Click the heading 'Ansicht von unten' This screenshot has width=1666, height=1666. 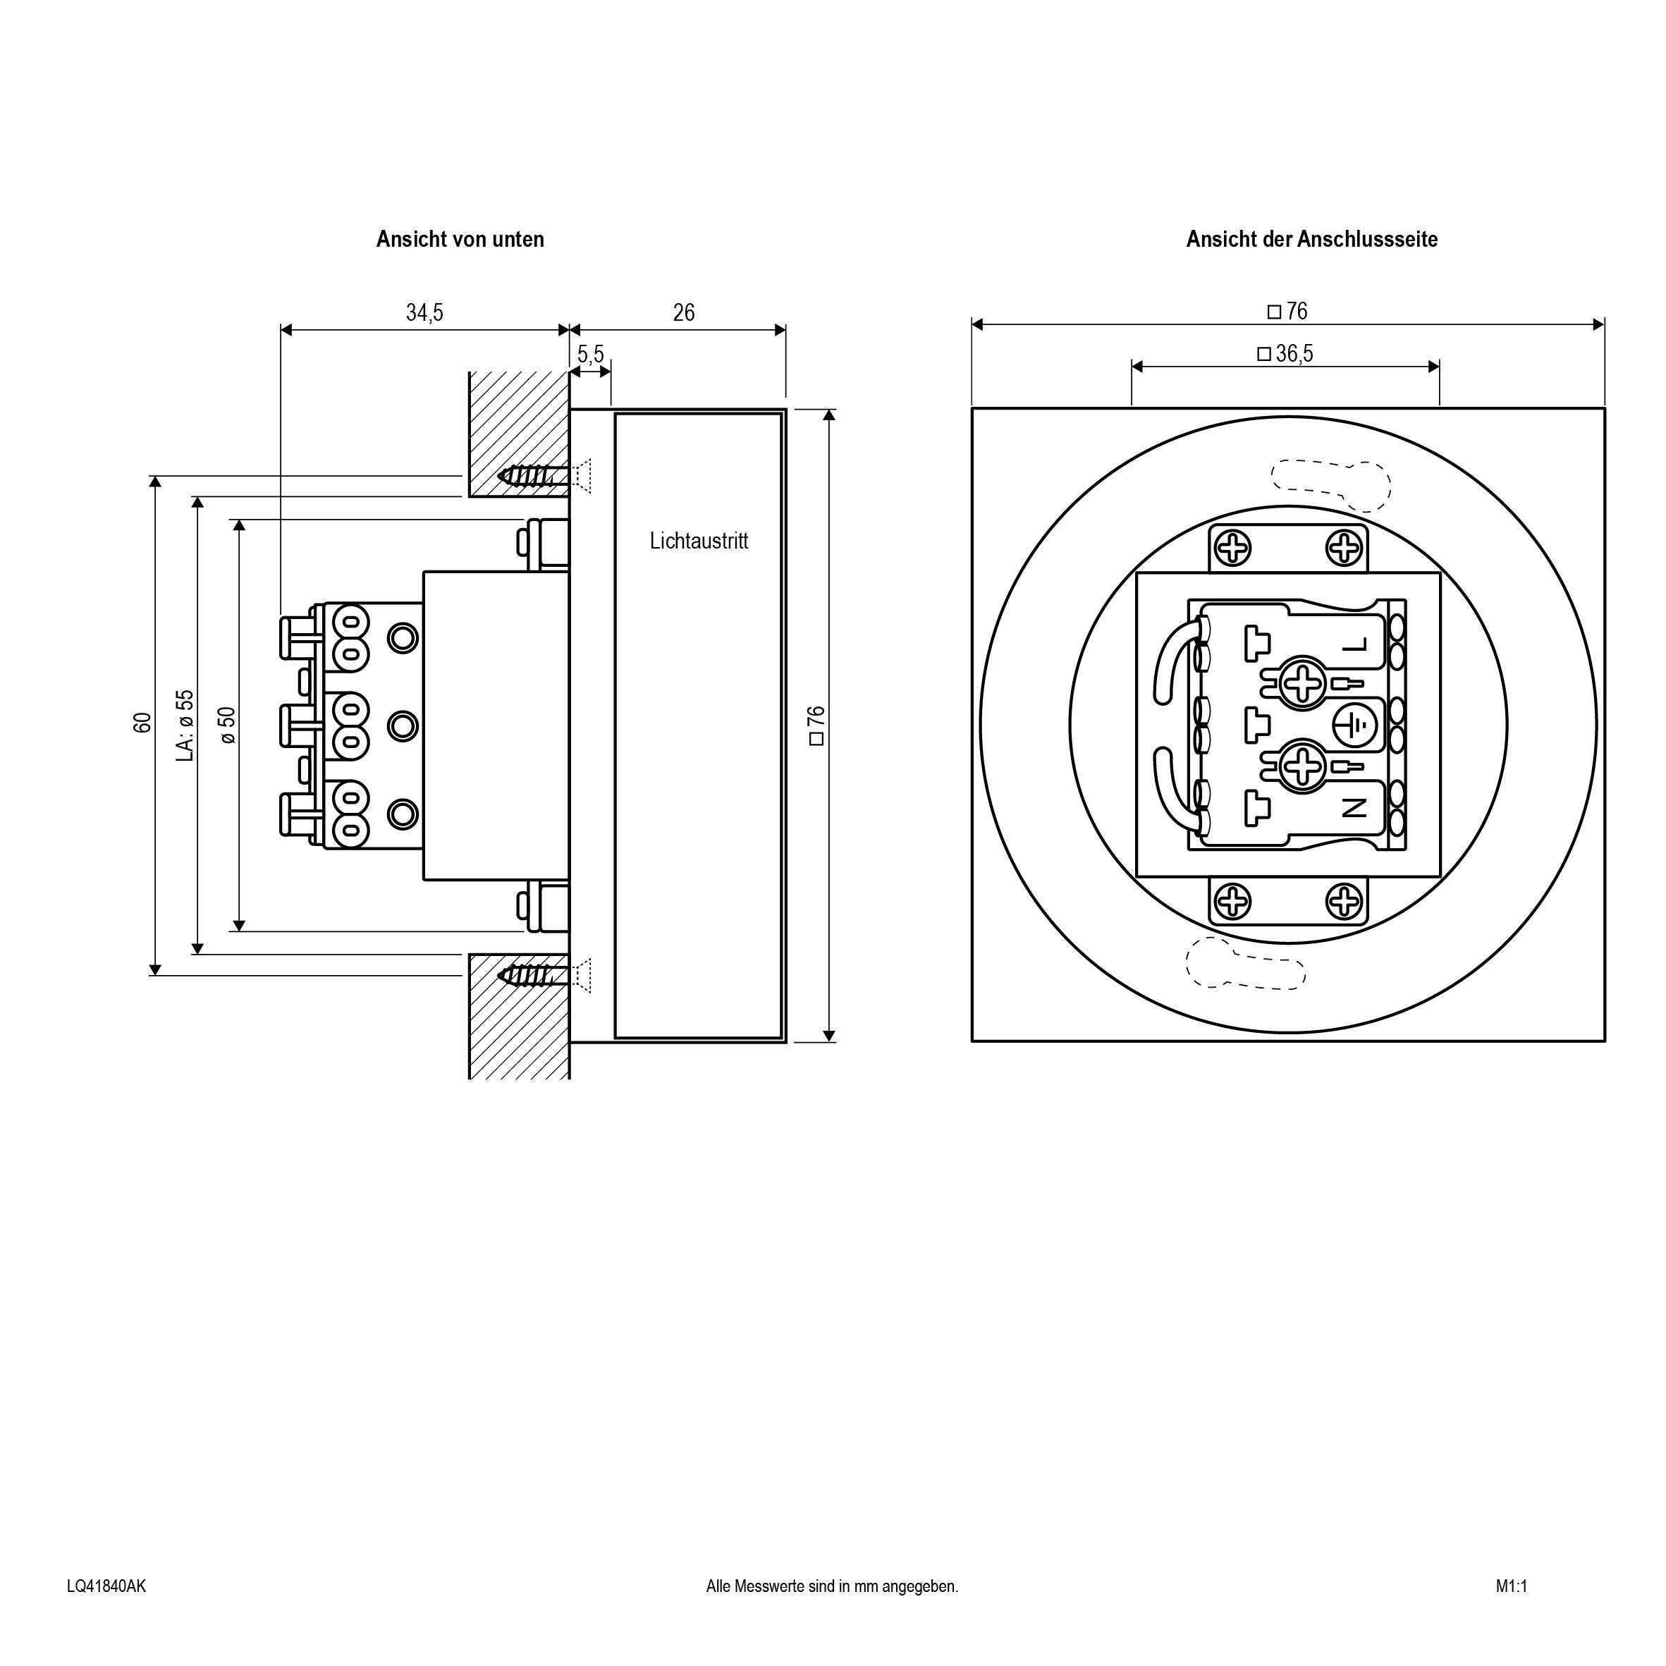coord(460,239)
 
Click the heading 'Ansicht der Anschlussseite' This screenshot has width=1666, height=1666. coord(1311,239)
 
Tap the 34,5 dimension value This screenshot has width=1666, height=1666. coord(424,312)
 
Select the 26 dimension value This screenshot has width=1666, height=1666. coord(683,312)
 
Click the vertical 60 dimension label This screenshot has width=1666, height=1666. coord(142,723)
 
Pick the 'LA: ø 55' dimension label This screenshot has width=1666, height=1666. coord(185,724)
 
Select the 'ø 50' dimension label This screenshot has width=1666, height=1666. coord(227,724)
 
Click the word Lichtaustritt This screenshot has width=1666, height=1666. coord(699,541)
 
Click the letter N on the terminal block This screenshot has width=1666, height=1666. coord(1354,808)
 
